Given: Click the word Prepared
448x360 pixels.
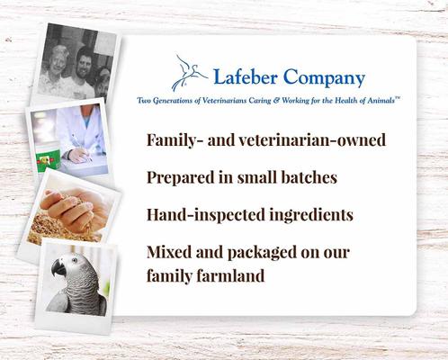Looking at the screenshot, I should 184,178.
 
